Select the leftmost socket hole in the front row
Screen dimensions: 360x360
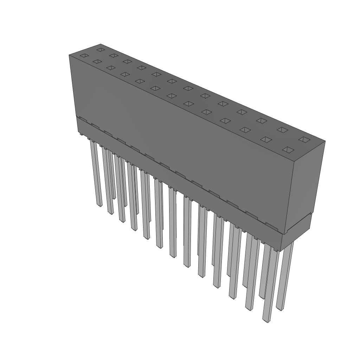(84, 56)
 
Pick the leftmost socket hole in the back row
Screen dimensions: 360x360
(101, 50)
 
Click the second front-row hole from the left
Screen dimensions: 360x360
(97, 62)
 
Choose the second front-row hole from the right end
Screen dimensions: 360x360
(266, 140)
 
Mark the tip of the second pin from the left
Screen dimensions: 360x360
(110, 212)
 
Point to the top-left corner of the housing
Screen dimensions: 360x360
(69, 55)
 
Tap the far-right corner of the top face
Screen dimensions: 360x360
(325, 141)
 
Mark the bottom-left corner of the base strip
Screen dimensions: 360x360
(78, 132)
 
